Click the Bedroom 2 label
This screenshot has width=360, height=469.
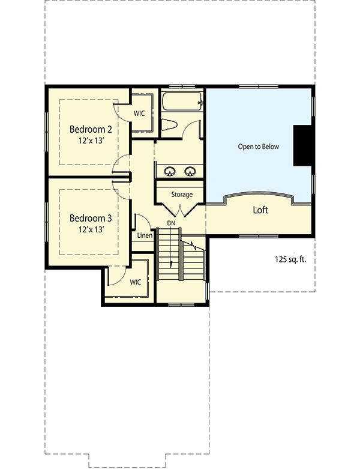91,129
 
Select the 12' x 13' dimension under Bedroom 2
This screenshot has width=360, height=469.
91,140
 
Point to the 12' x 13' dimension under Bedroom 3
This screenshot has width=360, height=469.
91,229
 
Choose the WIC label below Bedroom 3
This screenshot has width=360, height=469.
135,281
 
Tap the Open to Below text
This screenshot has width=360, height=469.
259,147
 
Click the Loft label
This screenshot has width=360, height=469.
260,210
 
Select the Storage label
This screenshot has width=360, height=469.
182,195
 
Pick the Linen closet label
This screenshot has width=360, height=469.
144,235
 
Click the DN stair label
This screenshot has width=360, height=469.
171,223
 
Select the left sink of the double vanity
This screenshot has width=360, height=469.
169,171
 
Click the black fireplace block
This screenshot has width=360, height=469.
302,146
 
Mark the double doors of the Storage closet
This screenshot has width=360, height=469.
181,210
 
